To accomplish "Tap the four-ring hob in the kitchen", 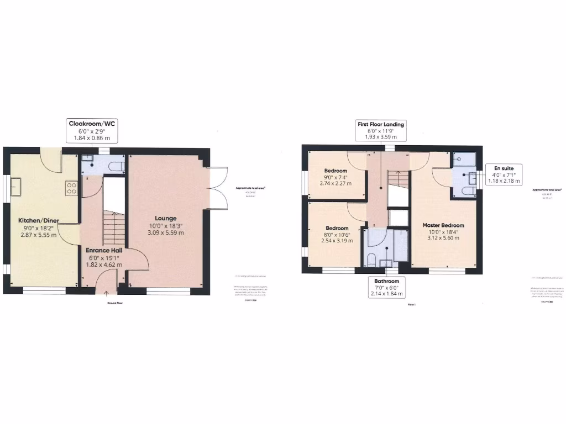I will tap(71, 187).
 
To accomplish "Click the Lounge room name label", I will tap(165, 218).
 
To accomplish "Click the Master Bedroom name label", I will tap(443, 225).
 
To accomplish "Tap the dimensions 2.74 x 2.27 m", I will tap(336, 183).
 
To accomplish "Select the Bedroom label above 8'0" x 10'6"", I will tap(337, 228).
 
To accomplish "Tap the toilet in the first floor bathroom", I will tap(372, 260).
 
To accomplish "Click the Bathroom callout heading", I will tap(386, 281).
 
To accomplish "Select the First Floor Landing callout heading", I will tap(380, 124).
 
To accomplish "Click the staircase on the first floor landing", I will tap(395, 179).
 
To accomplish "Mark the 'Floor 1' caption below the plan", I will tap(411, 304).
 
